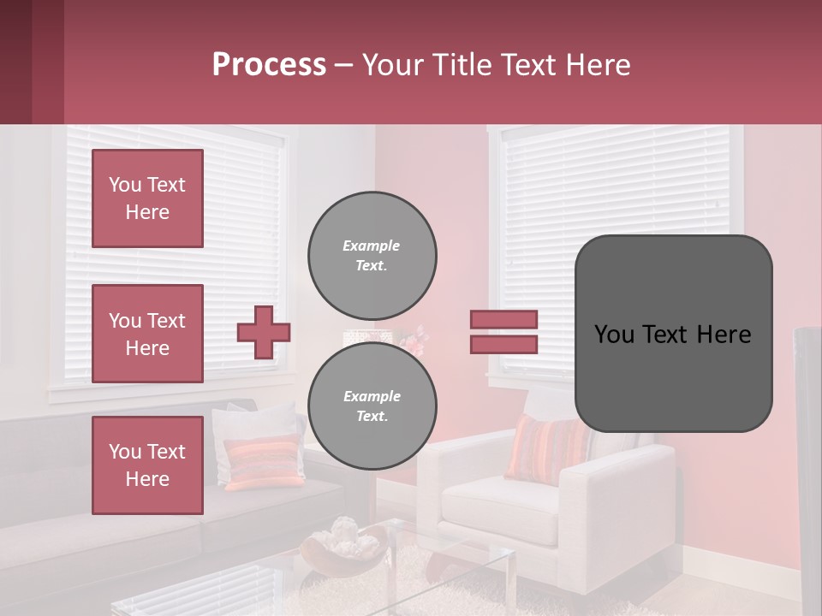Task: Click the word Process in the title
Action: point(269,65)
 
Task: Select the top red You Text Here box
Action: point(147,198)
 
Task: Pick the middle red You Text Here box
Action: point(147,334)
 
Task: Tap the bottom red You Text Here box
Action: point(147,465)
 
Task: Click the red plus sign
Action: point(263,332)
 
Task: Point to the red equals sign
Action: point(503,332)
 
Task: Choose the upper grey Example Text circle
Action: point(372,256)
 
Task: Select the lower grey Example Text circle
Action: point(372,406)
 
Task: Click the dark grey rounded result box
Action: point(673,334)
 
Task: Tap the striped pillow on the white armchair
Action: point(545,447)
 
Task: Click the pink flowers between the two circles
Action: point(414,341)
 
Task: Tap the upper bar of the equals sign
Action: point(503,319)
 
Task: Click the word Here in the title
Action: point(596,65)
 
